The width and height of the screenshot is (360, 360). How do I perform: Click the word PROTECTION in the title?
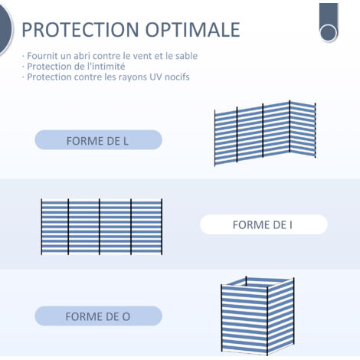pos(80,30)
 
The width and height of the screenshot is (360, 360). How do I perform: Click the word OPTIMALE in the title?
pos(193,30)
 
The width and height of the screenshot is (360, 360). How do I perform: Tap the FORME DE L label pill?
pos(98,139)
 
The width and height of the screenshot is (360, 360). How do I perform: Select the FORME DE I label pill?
pos(263,224)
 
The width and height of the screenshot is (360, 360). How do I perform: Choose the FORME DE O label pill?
pos(98,316)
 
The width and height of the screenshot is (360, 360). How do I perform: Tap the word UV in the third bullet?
pos(155,77)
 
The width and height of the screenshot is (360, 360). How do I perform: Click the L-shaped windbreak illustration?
pos(265,133)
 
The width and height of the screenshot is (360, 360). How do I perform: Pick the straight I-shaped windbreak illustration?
pos(102,227)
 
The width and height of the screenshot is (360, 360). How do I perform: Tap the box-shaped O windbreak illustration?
pos(257,316)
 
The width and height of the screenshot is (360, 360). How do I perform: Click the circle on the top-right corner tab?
pos(329,33)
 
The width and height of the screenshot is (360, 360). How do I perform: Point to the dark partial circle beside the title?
pos(5,28)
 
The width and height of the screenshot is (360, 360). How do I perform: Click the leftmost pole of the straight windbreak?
pos(41,227)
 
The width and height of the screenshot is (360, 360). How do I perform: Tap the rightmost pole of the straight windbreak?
pos(162,227)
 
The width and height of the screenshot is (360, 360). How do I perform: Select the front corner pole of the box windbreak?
pos(267,321)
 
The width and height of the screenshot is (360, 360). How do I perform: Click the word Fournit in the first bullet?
pos(39,56)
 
